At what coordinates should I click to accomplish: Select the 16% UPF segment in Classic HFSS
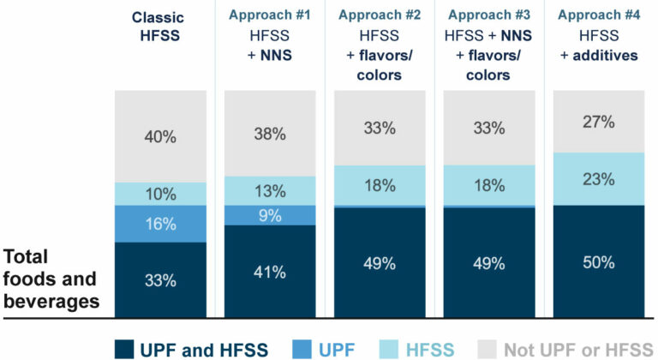click(160, 224)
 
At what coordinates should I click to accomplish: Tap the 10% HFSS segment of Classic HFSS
click(160, 193)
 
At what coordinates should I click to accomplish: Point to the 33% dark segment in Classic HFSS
click(160, 279)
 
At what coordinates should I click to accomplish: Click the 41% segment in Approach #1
click(270, 272)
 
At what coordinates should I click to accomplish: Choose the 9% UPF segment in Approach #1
click(270, 216)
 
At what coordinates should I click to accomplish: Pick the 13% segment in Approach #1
click(270, 190)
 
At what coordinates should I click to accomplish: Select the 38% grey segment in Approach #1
click(270, 133)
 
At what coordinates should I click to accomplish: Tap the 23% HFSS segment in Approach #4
click(598, 179)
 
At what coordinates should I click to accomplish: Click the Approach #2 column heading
click(379, 15)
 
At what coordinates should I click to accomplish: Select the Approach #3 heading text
click(488, 15)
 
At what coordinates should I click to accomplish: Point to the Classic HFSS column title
click(160, 25)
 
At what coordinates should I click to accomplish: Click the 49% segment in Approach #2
click(379, 261)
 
